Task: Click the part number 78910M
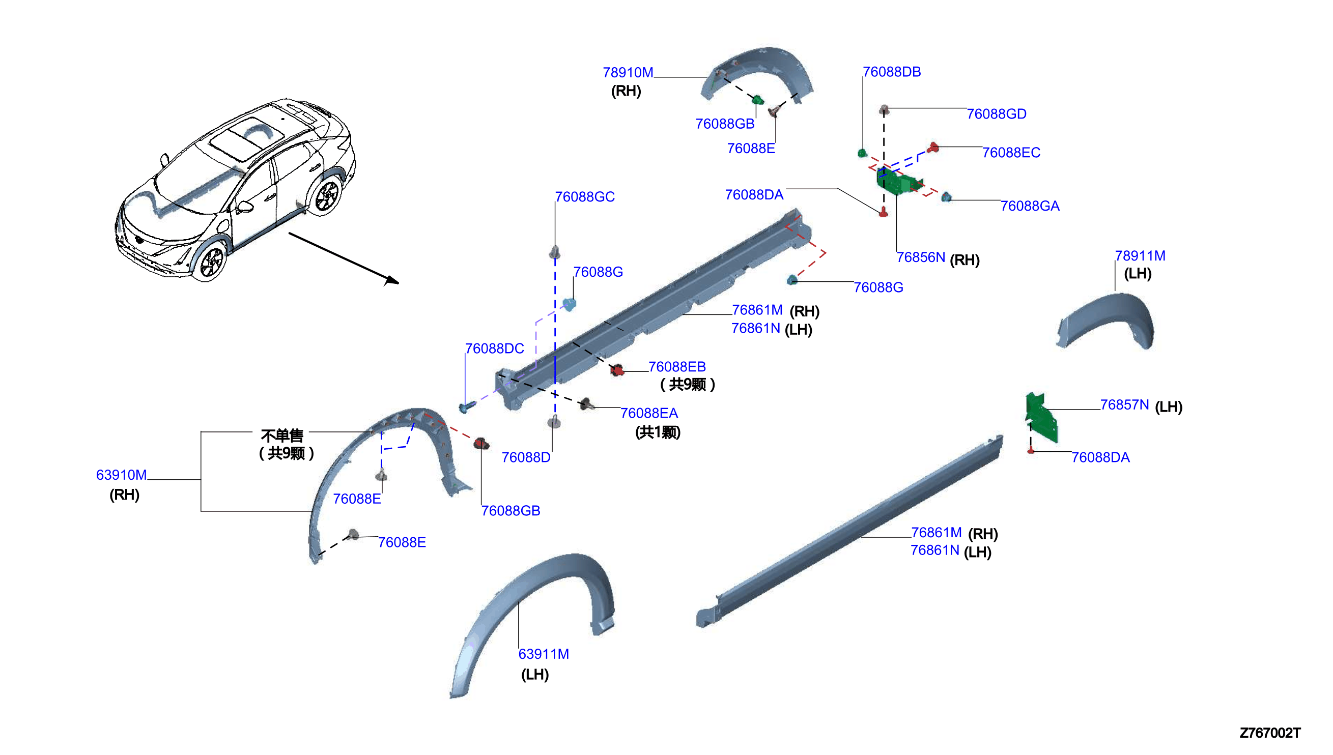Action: [x=628, y=73]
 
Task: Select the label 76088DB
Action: [x=892, y=72]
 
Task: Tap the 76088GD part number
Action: [x=997, y=114]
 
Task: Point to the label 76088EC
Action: [x=1011, y=153]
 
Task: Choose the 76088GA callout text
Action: [x=1030, y=207]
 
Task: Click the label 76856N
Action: [x=921, y=258]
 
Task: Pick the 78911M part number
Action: [x=1140, y=256]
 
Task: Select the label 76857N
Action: [x=1124, y=405]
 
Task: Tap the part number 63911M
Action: [x=544, y=654]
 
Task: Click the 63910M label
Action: [x=121, y=476]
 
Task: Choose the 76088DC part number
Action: [x=494, y=349]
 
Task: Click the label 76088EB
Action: [x=677, y=367]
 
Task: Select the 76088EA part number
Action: [x=649, y=414]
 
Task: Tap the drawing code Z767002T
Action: [x=1270, y=733]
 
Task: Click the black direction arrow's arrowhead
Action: [x=392, y=280]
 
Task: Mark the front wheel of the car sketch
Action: [x=211, y=262]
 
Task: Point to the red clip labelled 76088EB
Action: [x=617, y=370]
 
